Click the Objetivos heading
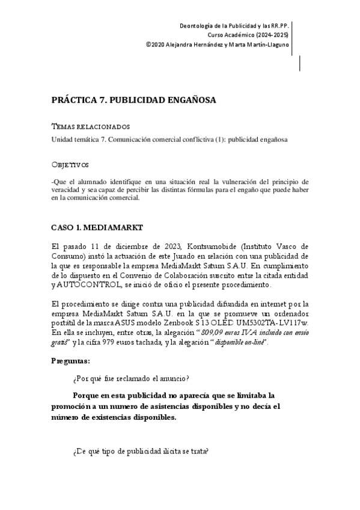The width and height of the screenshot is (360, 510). pos(70,164)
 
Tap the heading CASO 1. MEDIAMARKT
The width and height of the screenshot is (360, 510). pos(96,229)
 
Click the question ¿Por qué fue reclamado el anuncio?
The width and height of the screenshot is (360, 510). pos(131,378)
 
